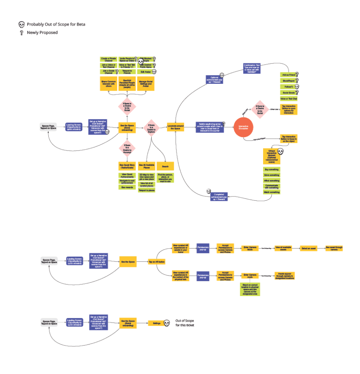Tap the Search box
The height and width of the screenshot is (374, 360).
[x=165, y=166]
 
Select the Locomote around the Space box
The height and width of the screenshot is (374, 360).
[x=176, y=127]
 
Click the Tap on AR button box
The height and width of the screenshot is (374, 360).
[x=156, y=261]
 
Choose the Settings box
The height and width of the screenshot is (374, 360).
[x=156, y=323]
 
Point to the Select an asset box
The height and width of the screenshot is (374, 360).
[x=309, y=248]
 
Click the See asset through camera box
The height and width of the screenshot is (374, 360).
[x=334, y=248]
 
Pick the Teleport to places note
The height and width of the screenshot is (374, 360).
[x=147, y=190]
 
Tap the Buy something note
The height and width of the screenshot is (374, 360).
[x=272, y=169]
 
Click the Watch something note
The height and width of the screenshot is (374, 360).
[x=272, y=192]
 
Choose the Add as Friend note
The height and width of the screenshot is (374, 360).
[x=288, y=74]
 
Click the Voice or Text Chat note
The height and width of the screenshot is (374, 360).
[x=289, y=99]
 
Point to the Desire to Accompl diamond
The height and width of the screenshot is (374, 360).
[x=127, y=148]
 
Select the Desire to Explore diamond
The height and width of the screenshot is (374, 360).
[x=152, y=127]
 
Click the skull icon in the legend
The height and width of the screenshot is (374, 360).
[x=22, y=24]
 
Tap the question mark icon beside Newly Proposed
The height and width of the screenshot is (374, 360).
[x=22, y=33]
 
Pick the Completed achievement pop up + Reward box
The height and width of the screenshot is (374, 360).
[x=219, y=196]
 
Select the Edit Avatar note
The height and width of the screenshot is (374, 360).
[x=145, y=72]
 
